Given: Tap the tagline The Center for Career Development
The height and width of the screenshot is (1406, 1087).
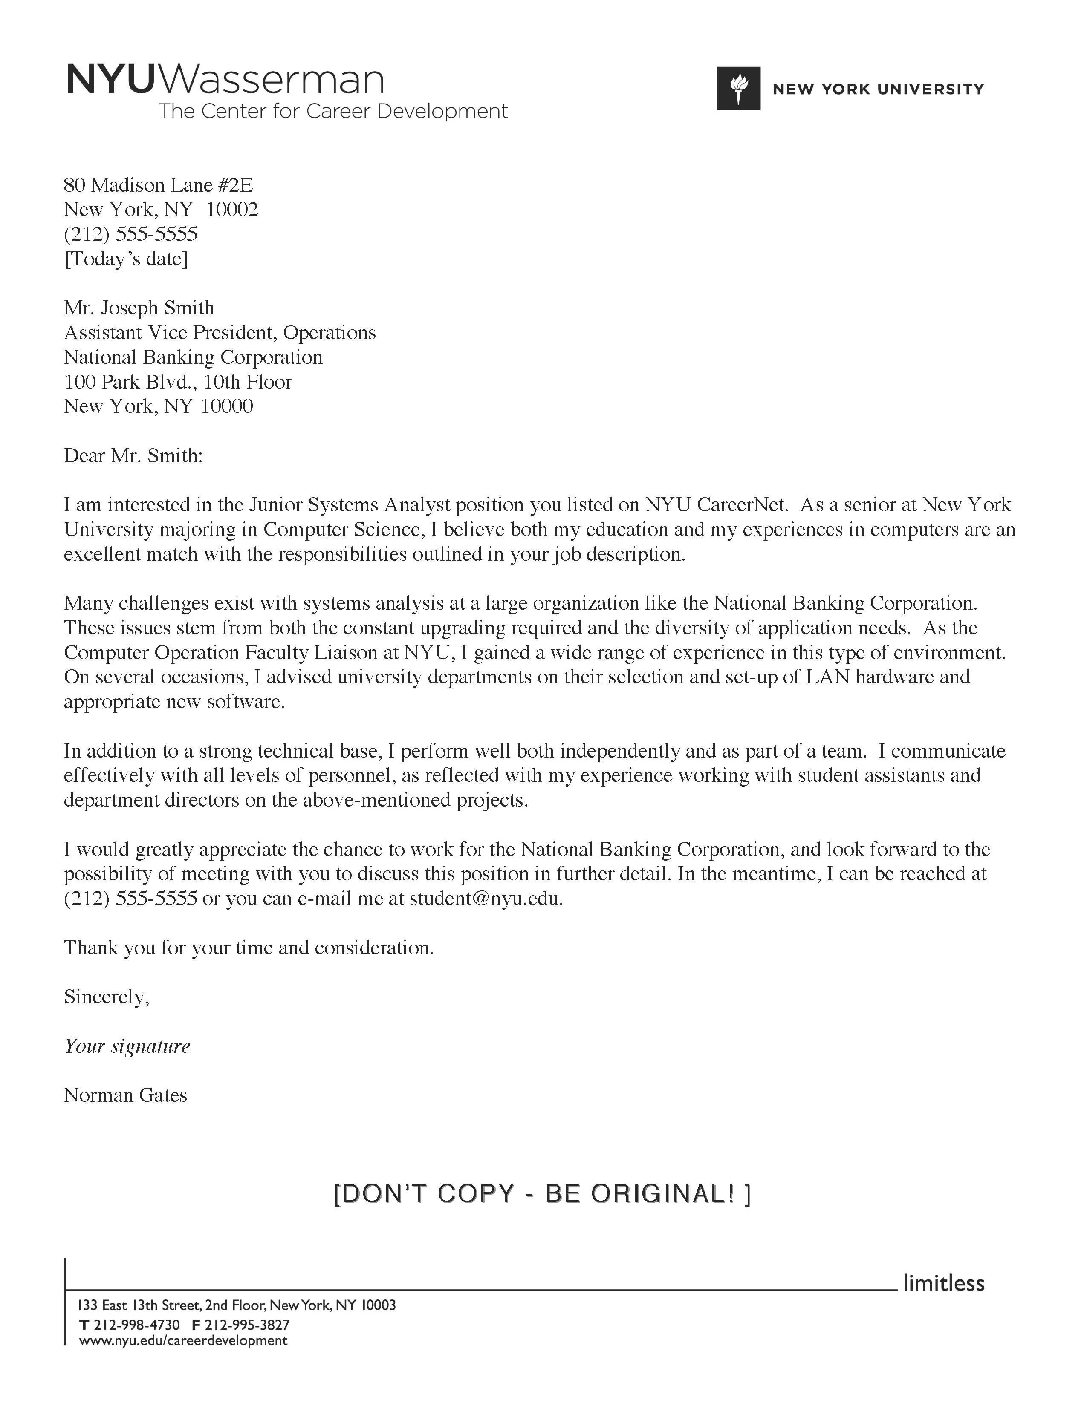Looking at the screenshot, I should tap(333, 111).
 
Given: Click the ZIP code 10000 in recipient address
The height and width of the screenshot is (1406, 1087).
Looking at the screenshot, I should tap(227, 406).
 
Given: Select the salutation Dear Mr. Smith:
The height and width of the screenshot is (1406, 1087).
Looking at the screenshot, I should tap(133, 456).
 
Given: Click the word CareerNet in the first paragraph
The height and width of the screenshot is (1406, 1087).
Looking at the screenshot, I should tap(742, 505).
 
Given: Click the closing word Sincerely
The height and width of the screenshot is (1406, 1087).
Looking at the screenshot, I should tap(106, 997).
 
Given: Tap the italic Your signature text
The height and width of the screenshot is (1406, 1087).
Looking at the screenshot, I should tap(127, 1046).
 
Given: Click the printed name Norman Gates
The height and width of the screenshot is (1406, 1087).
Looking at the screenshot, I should tap(126, 1096).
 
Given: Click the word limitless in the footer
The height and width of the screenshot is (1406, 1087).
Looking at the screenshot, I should tap(943, 1282).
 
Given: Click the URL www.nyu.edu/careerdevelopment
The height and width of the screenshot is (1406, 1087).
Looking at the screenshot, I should tap(183, 1341).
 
